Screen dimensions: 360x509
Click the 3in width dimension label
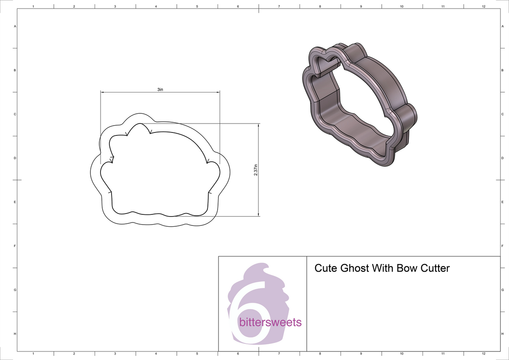point(160,90)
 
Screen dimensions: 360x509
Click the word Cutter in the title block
point(433,268)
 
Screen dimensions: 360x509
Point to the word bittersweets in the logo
point(270,323)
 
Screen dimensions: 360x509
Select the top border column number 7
point(279,6)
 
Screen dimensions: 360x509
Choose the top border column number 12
point(484,6)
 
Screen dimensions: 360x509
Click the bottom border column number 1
point(33,353)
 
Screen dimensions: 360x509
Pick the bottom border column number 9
point(361,353)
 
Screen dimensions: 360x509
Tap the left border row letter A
point(15,26)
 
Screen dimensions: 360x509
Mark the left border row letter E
point(15,202)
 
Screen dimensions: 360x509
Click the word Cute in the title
point(325,268)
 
